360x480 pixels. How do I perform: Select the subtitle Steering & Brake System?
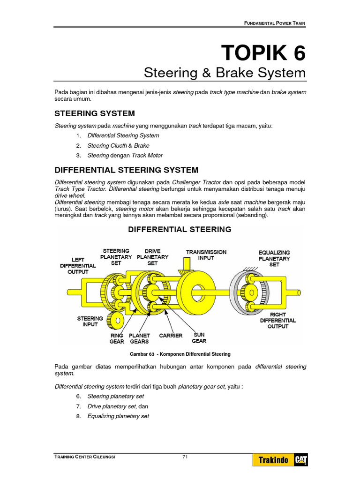coord(225,73)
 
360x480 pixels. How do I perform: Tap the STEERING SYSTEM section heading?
coord(95,113)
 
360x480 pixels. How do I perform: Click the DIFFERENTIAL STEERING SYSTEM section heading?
coord(127,170)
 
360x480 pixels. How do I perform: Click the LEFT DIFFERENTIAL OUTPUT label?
coord(78,265)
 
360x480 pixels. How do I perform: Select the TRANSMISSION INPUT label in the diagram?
coord(206,255)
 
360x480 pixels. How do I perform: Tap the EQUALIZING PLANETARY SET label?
coord(274,258)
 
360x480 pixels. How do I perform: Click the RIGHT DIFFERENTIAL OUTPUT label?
coord(277,320)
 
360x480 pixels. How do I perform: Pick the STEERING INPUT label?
coord(90,321)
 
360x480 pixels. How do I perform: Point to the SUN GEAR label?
coord(199,338)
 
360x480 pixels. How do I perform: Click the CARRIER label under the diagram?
coord(171,336)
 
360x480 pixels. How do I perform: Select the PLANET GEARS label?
coord(139,338)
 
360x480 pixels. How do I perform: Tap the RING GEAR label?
coord(117,338)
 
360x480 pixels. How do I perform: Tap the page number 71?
coord(185,457)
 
